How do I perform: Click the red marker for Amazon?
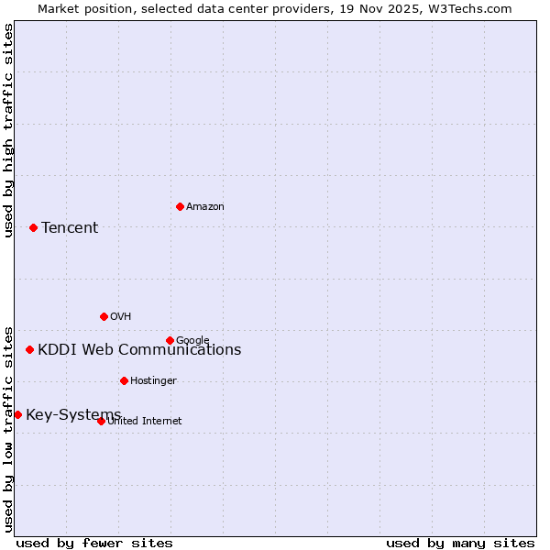[x=180, y=206]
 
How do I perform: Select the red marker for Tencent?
[x=33, y=227]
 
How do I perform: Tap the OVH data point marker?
[x=104, y=316]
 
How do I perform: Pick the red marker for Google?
[x=170, y=340]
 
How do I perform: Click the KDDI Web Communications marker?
[x=29, y=349]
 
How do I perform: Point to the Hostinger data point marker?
[x=124, y=380]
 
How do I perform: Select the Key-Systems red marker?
[x=17, y=414]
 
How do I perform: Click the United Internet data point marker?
[x=101, y=421]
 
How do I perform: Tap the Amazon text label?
[x=205, y=207]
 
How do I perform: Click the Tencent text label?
[x=70, y=228]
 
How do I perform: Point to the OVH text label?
[x=121, y=317]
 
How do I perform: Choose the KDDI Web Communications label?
[x=139, y=350]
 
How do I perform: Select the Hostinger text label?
[x=153, y=381]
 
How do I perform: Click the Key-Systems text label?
[x=73, y=415]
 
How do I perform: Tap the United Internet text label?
[x=145, y=422]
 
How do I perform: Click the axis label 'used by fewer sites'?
[x=94, y=543]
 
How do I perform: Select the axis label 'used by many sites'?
[x=460, y=543]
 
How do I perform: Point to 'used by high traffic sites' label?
[x=9, y=130]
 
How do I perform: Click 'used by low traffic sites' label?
[x=9, y=428]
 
